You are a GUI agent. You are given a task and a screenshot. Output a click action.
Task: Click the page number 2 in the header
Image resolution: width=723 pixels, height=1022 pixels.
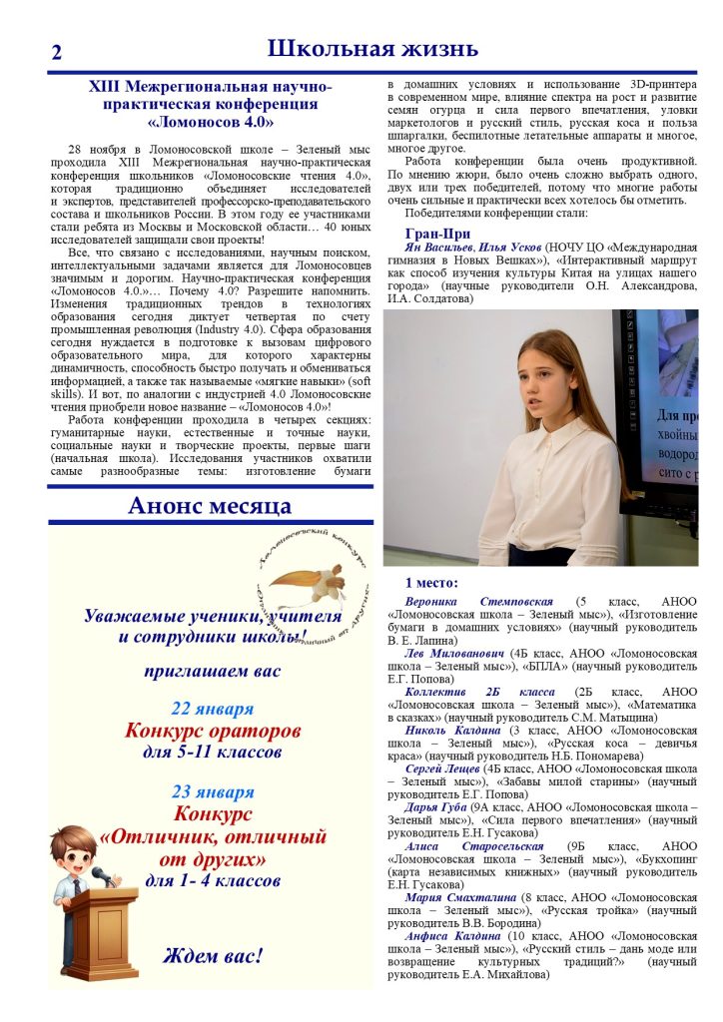(x=56, y=53)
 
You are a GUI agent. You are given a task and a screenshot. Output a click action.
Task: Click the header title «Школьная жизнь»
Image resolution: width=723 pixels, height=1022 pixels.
(x=372, y=48)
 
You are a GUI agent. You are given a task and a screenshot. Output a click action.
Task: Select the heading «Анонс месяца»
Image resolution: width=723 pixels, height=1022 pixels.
(x=210, y=505)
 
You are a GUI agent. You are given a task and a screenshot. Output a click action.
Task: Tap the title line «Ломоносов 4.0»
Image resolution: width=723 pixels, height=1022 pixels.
(x=210, y=122)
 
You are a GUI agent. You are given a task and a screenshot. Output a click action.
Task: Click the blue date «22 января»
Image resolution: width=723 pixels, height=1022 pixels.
(x=212, y=710)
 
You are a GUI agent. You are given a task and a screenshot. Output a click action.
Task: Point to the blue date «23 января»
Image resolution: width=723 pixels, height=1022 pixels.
(x=212, y=792)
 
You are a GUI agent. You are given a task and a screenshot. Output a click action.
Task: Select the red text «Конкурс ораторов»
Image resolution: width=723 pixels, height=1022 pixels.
(x=212, y=731)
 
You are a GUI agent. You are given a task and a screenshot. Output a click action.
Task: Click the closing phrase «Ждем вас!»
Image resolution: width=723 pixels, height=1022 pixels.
(x=212, y=955)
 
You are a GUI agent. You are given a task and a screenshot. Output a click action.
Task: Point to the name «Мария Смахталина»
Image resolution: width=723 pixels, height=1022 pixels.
(x=460, y=896)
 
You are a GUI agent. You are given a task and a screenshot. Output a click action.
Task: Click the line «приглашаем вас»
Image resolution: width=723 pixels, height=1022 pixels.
(x=212, y=672)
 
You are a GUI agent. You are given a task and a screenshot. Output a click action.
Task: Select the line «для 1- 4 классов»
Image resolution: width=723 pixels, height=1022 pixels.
(x=212, y=881)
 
